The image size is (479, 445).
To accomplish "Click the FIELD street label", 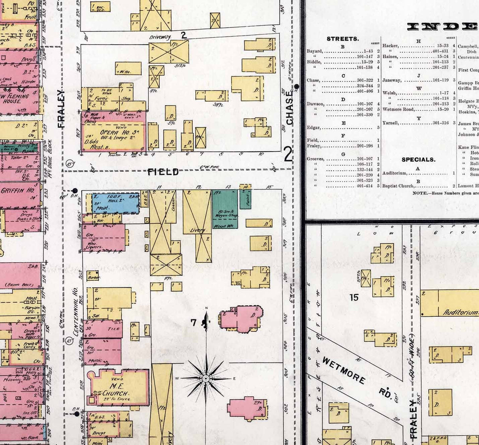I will pyautogui.click(x=163, y=172).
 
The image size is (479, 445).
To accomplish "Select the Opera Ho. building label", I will pyautogui.click(x=114, y=133).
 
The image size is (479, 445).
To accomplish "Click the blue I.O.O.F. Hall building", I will pyautogui.click(x=115, y=203).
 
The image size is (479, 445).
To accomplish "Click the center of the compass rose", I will pyautogui.click(x=206, y=378).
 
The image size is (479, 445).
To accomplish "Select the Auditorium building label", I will pyautogui.click(x=460, y=312).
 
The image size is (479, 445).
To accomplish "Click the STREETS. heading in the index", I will pyautogui.click(x=342, y=39).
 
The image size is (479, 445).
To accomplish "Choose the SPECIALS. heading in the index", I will pyautogui.click(x=418, y=159).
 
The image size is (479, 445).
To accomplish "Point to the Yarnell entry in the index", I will pyautogui.click(x=390, y=123).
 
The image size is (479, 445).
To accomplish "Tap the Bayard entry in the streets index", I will pyautogui.click(x=315, y=51).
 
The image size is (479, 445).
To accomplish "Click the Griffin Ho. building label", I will pyautogui.click(x=17, y=190).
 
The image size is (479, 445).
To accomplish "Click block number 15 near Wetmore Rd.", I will pyautogui.click(x=354, y=297).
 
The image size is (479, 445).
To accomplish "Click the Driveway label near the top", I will pyautogui.click(x=160, y=37).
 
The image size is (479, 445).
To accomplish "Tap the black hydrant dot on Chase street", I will pyautogui.click(x=297, y=86).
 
